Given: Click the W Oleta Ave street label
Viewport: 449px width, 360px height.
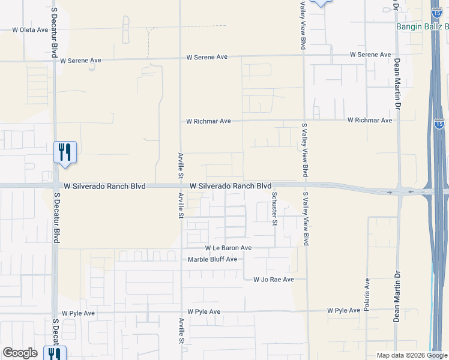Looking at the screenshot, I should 30,29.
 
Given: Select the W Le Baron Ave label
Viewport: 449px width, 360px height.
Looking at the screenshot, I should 228,248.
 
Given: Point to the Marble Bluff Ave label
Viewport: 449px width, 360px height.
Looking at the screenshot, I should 212,259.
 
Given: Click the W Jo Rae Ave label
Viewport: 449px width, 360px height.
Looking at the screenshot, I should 273,280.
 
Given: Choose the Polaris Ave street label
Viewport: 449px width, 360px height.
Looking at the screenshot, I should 367,293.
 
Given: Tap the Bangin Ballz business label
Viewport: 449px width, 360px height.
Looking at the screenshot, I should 422,26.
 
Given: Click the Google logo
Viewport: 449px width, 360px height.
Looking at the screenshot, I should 20,353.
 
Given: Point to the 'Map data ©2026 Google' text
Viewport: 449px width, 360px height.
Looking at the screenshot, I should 412,355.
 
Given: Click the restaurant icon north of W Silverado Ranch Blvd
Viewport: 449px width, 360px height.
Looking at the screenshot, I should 65,152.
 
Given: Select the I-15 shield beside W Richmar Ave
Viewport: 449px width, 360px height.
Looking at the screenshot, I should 439,123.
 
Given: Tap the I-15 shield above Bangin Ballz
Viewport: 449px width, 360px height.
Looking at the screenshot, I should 437,12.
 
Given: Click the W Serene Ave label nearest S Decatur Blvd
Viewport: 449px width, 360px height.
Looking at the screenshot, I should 80,61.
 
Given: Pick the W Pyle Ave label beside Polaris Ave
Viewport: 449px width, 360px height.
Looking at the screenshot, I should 343,311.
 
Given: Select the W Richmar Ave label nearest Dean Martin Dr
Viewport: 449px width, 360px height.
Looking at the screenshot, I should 369,121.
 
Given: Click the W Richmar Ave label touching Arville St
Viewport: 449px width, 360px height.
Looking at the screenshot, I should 208,121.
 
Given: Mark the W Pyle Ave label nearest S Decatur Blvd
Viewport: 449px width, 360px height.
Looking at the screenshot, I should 78,313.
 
